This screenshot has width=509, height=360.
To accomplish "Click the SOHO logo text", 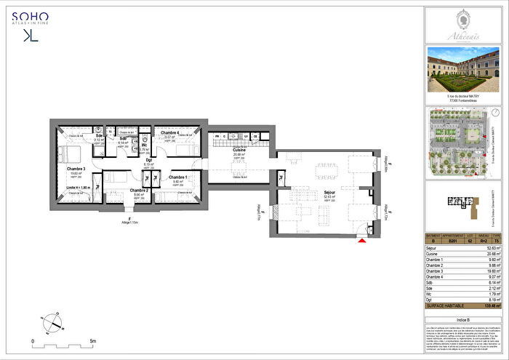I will tap(35, 15).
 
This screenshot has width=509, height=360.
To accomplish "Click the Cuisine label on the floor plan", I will tap(239, 150).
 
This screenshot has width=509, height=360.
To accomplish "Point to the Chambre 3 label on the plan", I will tap(76, 169).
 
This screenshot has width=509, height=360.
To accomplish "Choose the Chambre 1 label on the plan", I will tap(178, 177).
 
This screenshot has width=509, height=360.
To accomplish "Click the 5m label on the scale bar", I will tap(92, 340).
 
